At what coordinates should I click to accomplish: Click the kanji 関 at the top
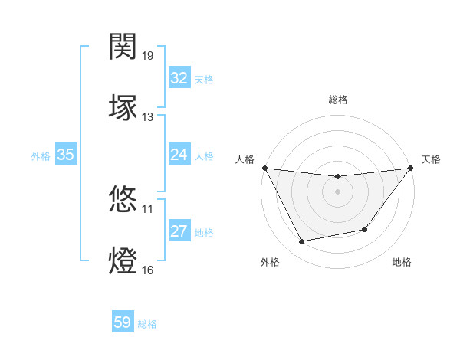(x=124, y=47)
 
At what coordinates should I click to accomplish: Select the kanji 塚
(x=124, y=107)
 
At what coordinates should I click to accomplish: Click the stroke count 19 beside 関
(x=148, y=56)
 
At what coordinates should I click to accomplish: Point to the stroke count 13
(x=148, y=116)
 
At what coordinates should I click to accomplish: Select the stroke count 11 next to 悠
(x=148, y=208)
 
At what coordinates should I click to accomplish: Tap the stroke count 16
(x=148, y=270)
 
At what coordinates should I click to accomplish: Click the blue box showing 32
(x=179, y=78)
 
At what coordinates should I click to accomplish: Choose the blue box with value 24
(x=179, y=155)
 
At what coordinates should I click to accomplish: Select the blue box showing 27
(x=179, y=231)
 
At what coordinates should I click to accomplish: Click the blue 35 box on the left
(x=65, y=155)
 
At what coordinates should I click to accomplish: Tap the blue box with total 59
(x=123, y=322)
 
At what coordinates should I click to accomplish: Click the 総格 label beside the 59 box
(x=148, y=324)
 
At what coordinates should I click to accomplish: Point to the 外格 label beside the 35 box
(x=41, y=156)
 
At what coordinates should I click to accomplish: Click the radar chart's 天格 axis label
(x=431, y=159)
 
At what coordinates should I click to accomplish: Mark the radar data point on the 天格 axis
(x=411, y=168)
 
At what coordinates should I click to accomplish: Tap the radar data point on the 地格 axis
(x=365, y=229)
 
